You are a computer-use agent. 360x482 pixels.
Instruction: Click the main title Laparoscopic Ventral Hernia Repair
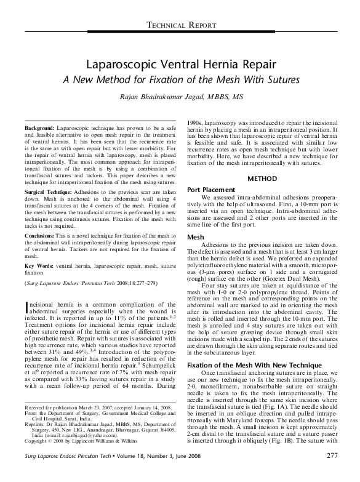(x=180, y=64)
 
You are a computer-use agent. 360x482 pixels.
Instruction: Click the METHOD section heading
(x=263, y=179)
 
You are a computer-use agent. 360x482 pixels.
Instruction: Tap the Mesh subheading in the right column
(x=195, y=236)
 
